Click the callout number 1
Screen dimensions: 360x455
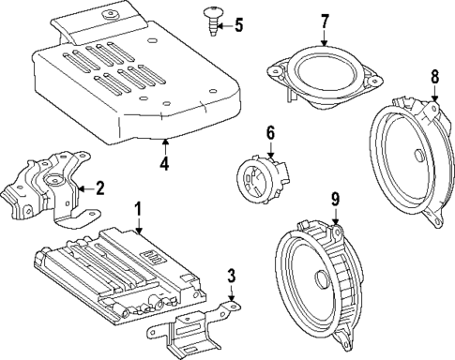(x=138, y=209)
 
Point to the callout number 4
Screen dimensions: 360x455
(x=164, y=166)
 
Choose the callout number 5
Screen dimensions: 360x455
(x=237, y=24)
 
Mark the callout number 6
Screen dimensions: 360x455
(x=269, y=134)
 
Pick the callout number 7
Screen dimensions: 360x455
(x=325, y=21)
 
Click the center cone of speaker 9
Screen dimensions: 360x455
(x=321, y=279)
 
